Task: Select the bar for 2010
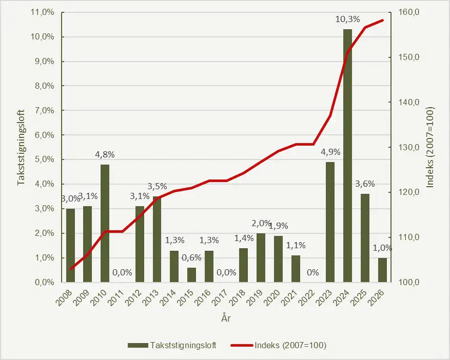click(105, 223)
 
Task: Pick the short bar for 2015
click(191, 275)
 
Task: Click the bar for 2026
click(382, 270)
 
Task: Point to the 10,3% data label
click(348, 19)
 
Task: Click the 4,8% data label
click(105, 154)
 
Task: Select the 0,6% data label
click(191, 257)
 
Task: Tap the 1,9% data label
click(278, 226)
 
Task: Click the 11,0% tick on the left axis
click(44, 12)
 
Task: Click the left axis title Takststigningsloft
click(22, 147)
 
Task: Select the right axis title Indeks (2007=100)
click(430, 147)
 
